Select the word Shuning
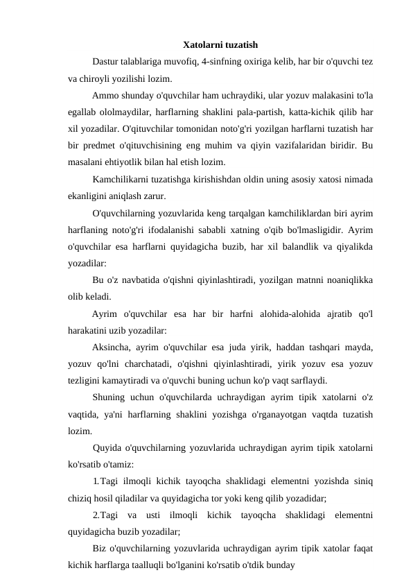point(109,397)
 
